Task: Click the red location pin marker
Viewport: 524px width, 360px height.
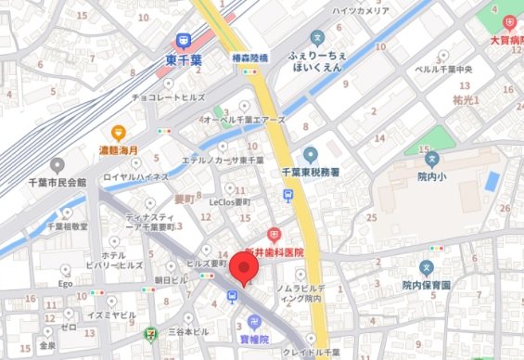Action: (x=245, y=269)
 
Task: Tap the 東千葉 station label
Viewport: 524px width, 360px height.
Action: (x=183, y=58)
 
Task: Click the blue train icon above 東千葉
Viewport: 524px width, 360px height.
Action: (x=183, y=40)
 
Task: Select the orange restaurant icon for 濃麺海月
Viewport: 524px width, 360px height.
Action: (x=119, y=133)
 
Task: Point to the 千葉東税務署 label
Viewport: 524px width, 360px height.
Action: (x=311, y=173)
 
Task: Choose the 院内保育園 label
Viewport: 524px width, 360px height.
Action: (x=426, y=286)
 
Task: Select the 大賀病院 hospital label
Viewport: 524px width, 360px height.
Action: (x=506, y=42)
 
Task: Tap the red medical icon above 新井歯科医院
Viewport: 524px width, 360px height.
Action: (x=274, y=237)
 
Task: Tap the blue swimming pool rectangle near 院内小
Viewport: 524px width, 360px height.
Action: (x=492, y=180)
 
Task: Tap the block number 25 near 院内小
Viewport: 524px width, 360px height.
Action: (x=370, y=217)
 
